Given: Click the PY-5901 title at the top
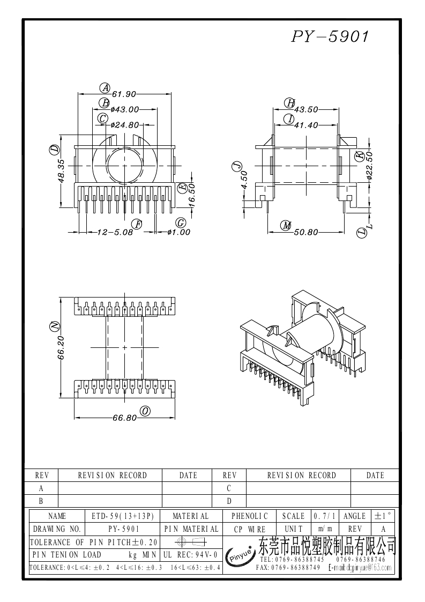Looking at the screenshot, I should coord(330,37).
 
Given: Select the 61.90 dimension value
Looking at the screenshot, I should coord(124,94).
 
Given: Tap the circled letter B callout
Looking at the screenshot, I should coord(105,103).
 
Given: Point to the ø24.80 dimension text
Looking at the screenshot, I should coord(125,125).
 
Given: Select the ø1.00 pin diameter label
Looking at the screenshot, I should coord(178,232).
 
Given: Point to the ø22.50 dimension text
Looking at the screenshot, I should coord(369,166).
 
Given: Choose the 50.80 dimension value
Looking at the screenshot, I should coord(306,232).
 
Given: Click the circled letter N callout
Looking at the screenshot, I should coord(53,326).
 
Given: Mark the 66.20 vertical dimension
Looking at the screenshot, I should coord(62,347).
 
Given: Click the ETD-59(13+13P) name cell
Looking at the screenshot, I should coord(123,516).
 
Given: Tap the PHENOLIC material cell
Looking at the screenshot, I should coord(249,516).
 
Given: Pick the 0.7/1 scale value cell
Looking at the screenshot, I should coord(324,516).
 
